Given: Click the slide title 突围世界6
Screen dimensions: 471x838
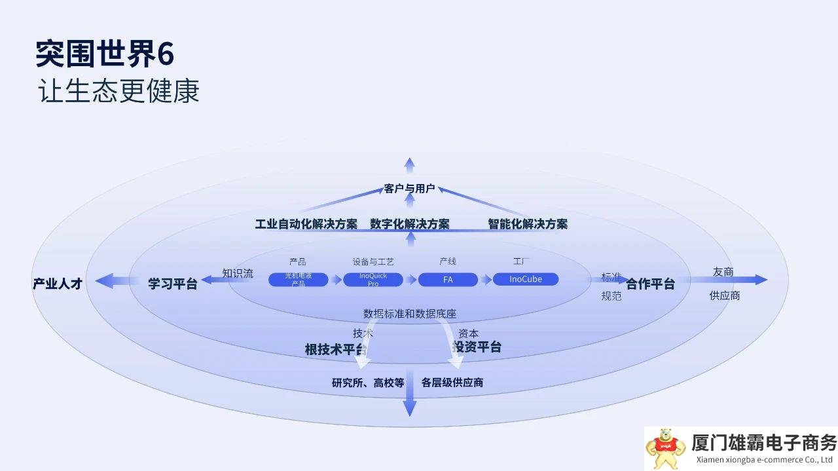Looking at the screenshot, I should tap(105, 54).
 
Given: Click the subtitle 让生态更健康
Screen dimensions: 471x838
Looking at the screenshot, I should tap(118, 92).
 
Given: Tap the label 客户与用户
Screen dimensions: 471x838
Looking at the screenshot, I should tap(409, 189).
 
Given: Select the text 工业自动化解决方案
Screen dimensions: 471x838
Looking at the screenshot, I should tap(306, 224).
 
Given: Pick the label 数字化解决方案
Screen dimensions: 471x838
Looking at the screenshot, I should tap(410, 224).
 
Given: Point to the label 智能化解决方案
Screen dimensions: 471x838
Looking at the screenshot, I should tap(528, 224).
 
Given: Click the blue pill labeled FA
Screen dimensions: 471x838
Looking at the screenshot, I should tap(448, 280).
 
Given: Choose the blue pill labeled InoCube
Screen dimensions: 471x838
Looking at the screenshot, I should tap(526, 279).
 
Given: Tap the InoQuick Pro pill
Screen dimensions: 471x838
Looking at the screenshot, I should tap(373, 280).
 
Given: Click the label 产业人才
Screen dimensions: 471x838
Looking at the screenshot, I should tap(58, 284).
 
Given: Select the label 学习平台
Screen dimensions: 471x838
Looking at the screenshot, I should tap(173, 284).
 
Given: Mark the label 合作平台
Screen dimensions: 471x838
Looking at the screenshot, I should tap(650, 284).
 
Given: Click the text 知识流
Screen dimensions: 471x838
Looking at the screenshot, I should tap(238, 273).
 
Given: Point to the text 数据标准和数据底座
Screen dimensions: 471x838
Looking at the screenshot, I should tap(410, 314).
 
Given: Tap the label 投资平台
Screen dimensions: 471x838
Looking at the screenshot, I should tap(477, 347).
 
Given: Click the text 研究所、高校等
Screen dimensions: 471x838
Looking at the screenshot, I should tap(368, 383).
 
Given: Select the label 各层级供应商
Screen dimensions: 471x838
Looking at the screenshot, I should tap(452, 383).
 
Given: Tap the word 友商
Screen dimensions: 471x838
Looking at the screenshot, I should tap(723, 272).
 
